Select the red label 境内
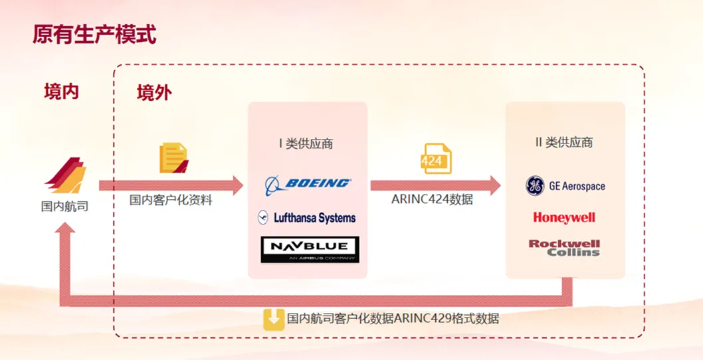[x=62, y=92]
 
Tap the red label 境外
[x=154, y=92]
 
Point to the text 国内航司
[x=64, y=207]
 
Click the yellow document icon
[x=173, y=158]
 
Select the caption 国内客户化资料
[x=171, y=200]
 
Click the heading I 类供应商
[x=306, y=143]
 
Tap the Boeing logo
[x=308, y=183]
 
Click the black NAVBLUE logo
[x=310, y=249]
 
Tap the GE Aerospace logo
[x=565, y=186]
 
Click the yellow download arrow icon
[x=274, y=319]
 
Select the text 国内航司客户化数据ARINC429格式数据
[x=393, y=319]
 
